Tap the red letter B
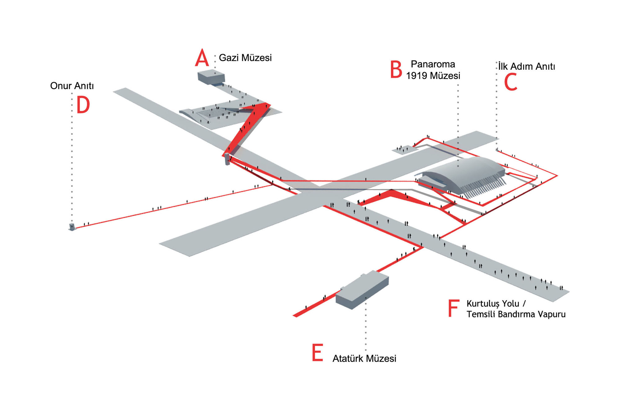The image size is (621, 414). click(396, 70)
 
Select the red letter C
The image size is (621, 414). click(510, 82)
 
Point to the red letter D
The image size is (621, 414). click(83, 105)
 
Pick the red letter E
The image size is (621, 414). click(317, 353)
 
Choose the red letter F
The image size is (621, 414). click(453, 308)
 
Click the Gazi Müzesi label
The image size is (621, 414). click(245, 58)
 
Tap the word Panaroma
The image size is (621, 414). click(433, 64)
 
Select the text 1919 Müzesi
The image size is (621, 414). click(433, 76)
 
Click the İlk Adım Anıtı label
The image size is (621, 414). click(527, 66)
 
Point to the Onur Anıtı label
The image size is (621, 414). click(72, 86)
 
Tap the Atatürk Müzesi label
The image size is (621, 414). click(364, 359)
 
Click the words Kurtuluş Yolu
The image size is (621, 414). click(493, 304)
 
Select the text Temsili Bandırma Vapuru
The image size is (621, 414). click(516, 314)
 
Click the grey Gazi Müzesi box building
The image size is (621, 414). click(211, 77)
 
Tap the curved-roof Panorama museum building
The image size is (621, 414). click(463, 175)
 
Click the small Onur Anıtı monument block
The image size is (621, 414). click(72, 227)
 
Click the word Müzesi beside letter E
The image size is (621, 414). click(381, 359)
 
